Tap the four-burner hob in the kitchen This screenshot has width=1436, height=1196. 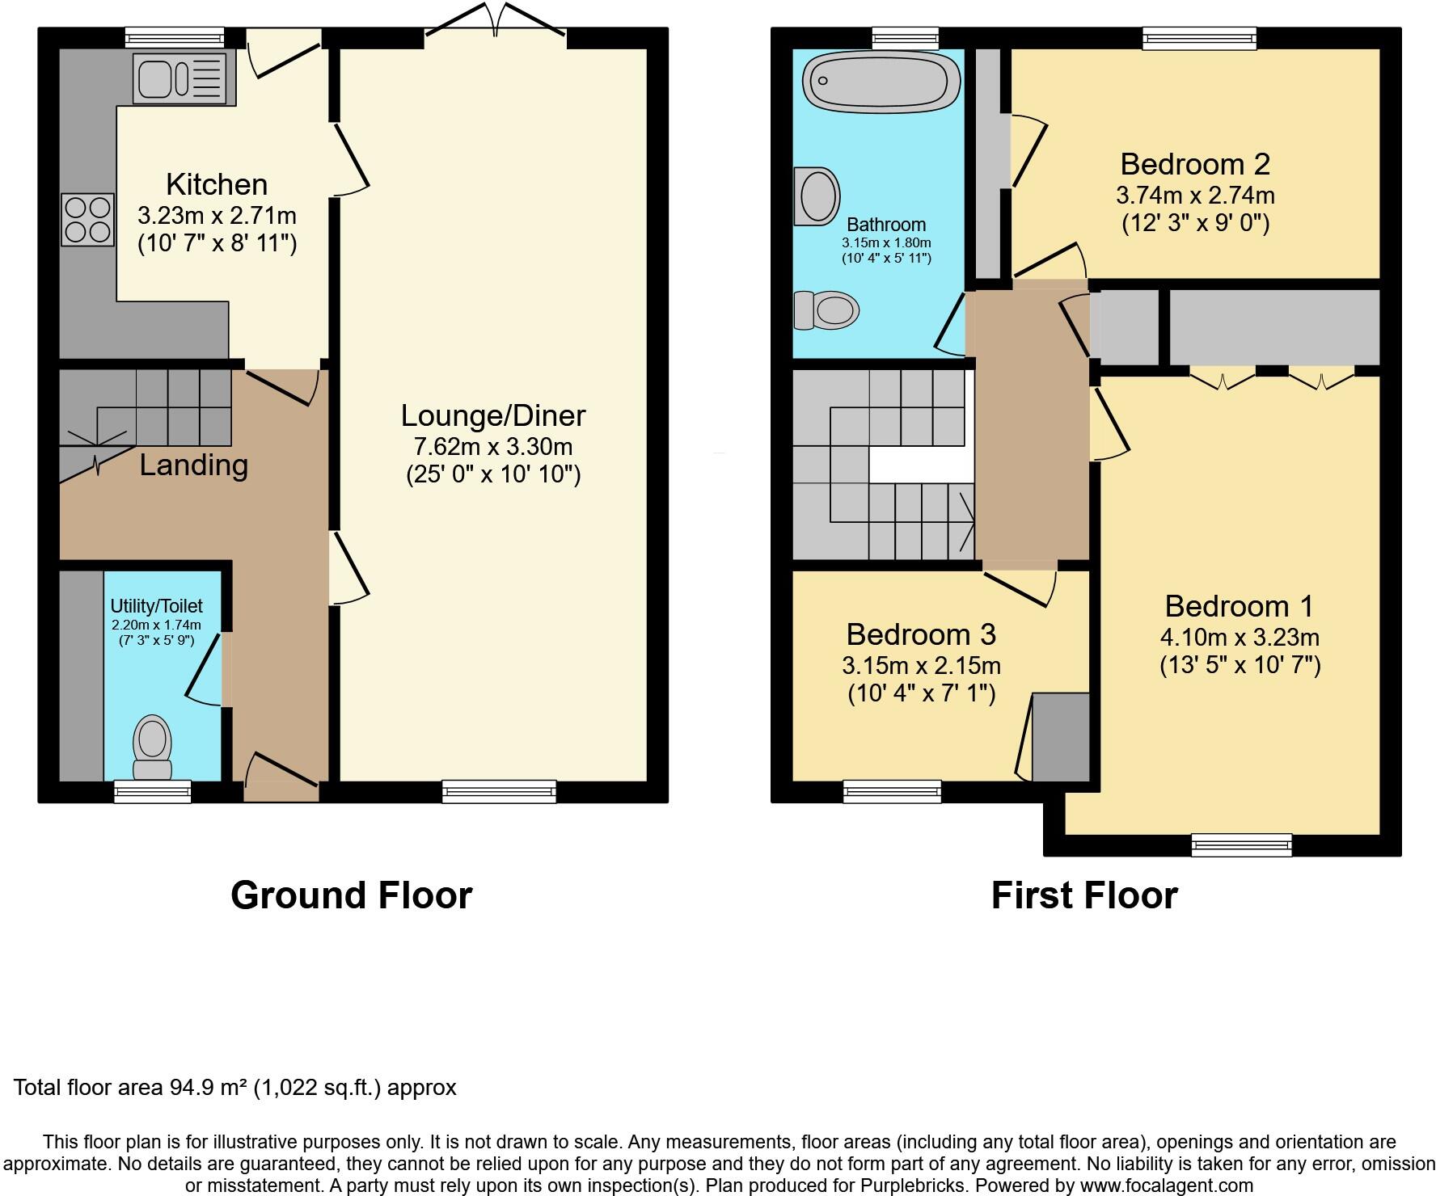pos(87,219)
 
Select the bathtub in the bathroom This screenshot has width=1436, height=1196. pos(881,81)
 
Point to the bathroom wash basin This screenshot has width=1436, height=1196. pos(817,196)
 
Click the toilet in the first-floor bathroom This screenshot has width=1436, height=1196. pos(826,310)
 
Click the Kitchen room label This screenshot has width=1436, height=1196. pos(216,184)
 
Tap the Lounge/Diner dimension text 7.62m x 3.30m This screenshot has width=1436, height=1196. pos(492,446)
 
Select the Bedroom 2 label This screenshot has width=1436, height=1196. pos(1194,164)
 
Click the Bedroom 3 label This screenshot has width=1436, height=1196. pos(920,634)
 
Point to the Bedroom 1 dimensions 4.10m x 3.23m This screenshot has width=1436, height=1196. pos(1240,637)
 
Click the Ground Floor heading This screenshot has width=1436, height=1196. pos(351,895)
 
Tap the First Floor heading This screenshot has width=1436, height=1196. pos(1083,895)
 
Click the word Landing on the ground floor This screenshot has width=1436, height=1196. pos(193,465)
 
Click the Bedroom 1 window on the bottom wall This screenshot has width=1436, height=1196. pos(1241,845)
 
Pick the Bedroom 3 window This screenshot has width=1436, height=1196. pos(892,791)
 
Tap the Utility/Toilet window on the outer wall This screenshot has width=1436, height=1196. pos(152,791)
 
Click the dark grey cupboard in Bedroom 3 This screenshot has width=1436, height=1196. pos(1061,736)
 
